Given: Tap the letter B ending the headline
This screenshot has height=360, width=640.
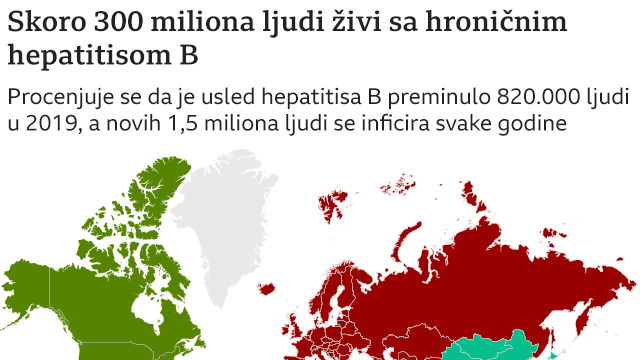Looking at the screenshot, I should point(187,56).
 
